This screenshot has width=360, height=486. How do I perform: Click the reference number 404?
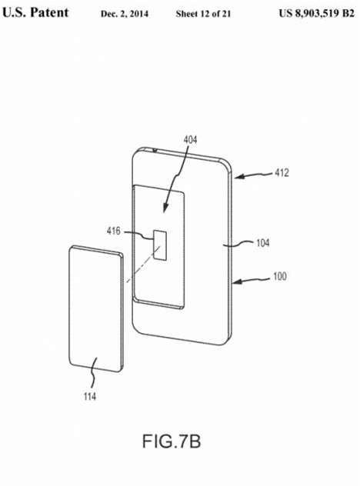tap(190, 140)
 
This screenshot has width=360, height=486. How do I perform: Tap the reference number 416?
tap(114, 231)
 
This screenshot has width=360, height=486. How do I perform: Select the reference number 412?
tap(282, 173)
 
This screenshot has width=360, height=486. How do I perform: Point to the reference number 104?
tap(262, 243)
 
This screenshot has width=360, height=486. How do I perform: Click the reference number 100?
tap(279, 276)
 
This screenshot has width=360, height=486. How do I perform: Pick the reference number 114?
tap(90, 397)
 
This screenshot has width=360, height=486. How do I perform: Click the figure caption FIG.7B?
tap(172, 441)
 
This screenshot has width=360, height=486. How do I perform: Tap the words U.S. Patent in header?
tap(35, 13)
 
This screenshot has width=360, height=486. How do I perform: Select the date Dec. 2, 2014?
tap(125, 14)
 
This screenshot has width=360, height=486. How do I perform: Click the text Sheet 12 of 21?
tap(203, 14)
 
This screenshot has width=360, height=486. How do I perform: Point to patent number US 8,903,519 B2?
tap(316, 14)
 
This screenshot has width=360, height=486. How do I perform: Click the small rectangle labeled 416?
tap(160, 245)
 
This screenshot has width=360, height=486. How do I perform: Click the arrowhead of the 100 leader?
tap(237, 281)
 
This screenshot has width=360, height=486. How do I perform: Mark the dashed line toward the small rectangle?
tap(143, 265)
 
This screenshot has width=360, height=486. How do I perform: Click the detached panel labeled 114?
tap(95, 308)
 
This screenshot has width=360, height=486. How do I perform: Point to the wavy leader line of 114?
tap(93, 374)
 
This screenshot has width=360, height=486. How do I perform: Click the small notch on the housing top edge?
tap(155, 151)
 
